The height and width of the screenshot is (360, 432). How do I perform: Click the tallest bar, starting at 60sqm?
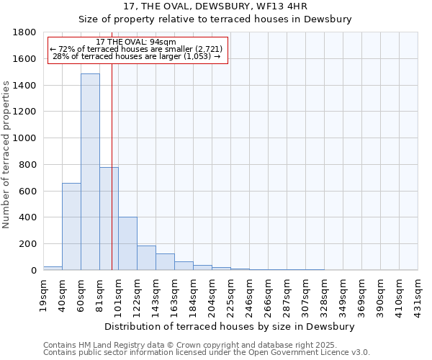90,172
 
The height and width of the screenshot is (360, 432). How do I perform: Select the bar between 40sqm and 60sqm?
71,227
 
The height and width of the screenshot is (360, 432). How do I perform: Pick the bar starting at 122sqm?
146,258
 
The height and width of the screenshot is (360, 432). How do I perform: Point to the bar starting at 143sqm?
165,262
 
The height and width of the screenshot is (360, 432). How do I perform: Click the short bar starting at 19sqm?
53,268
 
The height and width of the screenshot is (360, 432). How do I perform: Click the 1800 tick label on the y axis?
25,32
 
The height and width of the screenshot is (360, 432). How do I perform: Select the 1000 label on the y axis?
25,138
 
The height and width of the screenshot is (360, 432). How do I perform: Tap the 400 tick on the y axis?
28,217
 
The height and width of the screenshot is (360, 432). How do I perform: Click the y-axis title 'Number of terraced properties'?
7,155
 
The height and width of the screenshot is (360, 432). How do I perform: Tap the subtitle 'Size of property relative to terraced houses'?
215,19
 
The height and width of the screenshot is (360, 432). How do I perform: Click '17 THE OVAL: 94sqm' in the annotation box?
136,42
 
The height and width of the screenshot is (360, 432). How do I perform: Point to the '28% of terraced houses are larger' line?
136,56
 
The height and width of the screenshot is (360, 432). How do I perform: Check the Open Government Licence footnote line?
207,353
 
